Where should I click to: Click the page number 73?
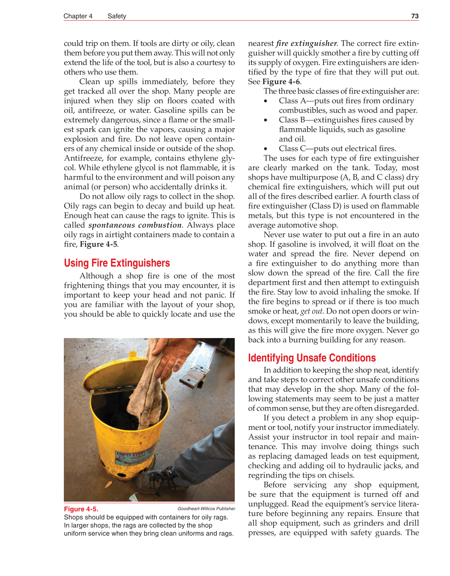[x=415, y=16]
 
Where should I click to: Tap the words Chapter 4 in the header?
[x=78, y=16]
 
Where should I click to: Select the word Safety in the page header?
[x=117, y=16]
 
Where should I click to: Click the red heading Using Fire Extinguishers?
[x=117, y=263]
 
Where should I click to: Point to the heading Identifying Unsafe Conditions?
[x=312, y=358]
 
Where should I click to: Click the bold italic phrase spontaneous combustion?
[x=135, y=225]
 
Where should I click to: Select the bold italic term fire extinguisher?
[x=306, y=43]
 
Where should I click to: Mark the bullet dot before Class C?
[x=265, y=149]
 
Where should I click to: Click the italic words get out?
[x=311, y=311]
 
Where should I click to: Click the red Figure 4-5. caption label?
[x=81, y=509]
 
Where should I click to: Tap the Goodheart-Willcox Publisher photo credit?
[x=206, y=509]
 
